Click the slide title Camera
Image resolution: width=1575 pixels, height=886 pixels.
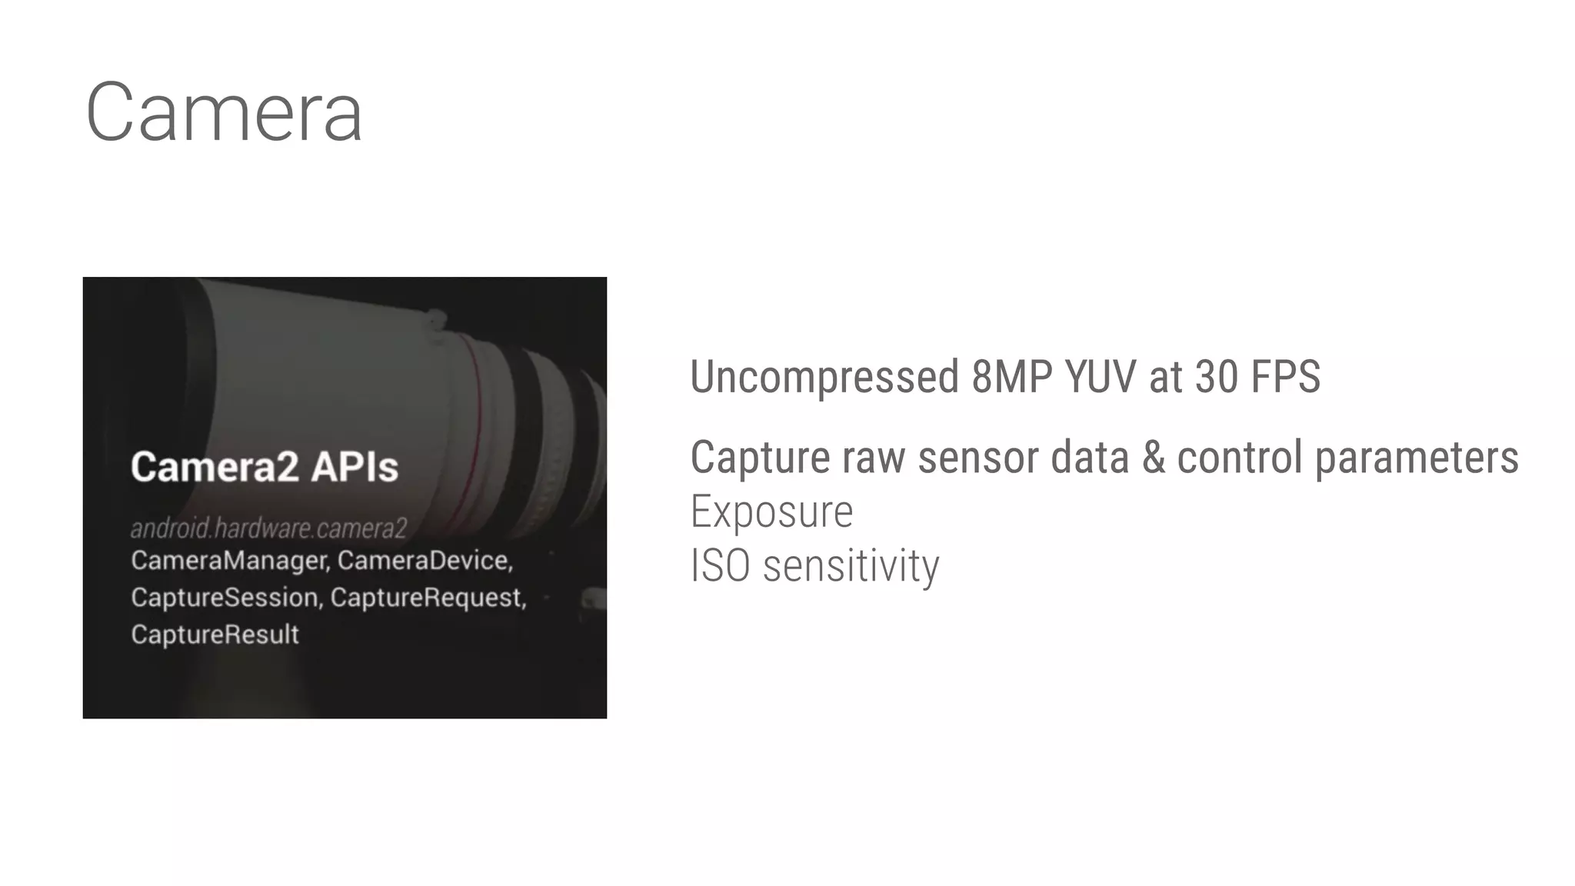click(x=224, y=112)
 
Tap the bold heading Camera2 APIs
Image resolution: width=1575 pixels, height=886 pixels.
click(x=265, y=467)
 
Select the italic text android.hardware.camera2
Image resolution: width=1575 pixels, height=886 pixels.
click(x=268, y=528)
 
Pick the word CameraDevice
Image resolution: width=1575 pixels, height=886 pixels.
click(x=425, y=561)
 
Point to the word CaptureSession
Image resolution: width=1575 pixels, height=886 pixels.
click(x=225, y=598)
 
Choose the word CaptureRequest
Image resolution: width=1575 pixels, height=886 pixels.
click(x=428, y=598)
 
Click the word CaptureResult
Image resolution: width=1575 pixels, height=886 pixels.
click(x=215, y=635)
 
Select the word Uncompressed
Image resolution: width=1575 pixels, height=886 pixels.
click(x=824, y=377)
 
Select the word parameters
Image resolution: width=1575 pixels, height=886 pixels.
click(x=1417, y=458)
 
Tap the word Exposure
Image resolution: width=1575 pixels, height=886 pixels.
click(x=771, y=512)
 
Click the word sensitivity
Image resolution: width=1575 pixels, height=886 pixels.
click(x=851, y=567)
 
